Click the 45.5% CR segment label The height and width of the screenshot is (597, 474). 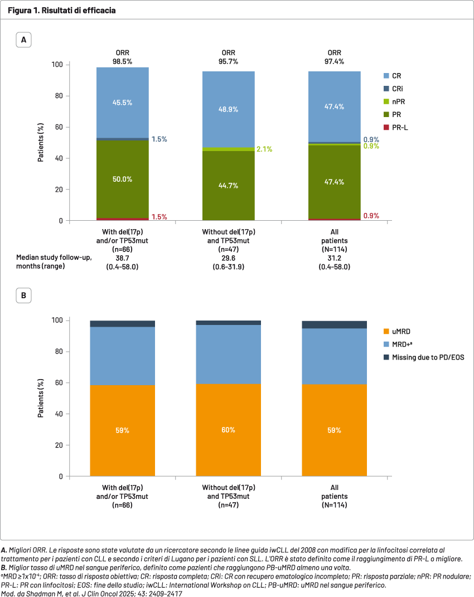pos(123,103)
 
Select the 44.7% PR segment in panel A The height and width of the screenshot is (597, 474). pos(229,185)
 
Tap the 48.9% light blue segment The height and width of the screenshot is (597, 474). pos(229,109)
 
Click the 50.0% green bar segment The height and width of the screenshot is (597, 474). pos(123,179)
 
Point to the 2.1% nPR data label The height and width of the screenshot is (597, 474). pos(264,149)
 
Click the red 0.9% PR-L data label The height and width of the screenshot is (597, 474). pos(371,216)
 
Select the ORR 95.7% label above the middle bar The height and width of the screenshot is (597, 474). pos(229,57)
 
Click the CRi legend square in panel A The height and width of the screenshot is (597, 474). pos(386,89)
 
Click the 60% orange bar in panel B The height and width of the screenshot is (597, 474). pos(229,430)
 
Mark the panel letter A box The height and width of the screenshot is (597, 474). pos(24,40)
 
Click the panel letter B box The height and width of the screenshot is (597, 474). pos(24,295)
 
